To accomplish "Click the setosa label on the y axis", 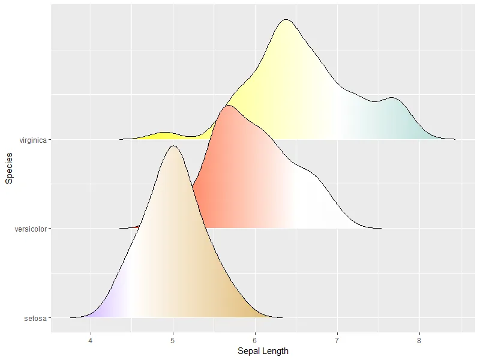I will click(35, 317).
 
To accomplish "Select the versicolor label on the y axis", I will click(31, 229).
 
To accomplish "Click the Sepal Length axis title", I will click(263, 351).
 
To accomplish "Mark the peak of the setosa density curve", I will click(174, 146).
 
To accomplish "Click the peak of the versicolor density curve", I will click(227, 106).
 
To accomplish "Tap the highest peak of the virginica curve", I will click(286, 19).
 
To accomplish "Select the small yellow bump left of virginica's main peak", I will click(164, 132).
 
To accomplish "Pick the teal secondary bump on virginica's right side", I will click(393, 97).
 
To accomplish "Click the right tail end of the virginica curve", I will click(454, 139).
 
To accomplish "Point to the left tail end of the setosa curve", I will click(71, 317).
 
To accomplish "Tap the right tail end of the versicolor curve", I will click(380, 228).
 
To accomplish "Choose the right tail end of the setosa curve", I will click(281, 317).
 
